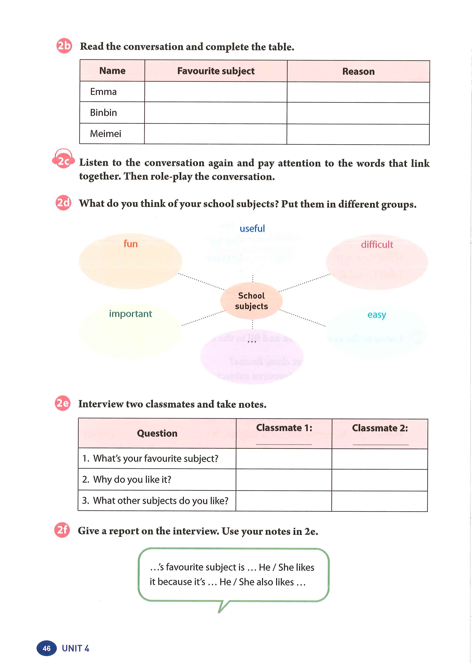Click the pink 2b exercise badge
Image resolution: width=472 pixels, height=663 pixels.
pos(64,46)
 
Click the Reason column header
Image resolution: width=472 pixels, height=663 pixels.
pos(358,72)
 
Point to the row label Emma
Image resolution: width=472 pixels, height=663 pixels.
pos(103,92)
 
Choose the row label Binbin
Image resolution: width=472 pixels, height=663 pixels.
pos(103,113)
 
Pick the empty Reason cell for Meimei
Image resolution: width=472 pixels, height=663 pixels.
pos(358,134)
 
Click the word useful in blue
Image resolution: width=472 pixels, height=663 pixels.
pos(252,229)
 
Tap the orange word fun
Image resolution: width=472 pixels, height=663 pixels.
pos(130,244)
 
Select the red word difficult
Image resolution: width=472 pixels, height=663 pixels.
pos(377,245)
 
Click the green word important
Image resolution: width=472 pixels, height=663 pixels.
pos(130,314)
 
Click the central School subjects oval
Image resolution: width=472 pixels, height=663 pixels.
pos(251,301)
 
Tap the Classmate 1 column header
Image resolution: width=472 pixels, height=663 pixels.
pos(284,428)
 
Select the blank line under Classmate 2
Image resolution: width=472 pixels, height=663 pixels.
pos(380,444)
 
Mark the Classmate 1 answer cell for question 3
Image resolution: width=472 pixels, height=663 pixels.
pos(284,501)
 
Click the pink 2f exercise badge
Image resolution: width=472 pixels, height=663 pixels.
pos(62,530)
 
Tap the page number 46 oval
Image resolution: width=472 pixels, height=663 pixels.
pos(47,648)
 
